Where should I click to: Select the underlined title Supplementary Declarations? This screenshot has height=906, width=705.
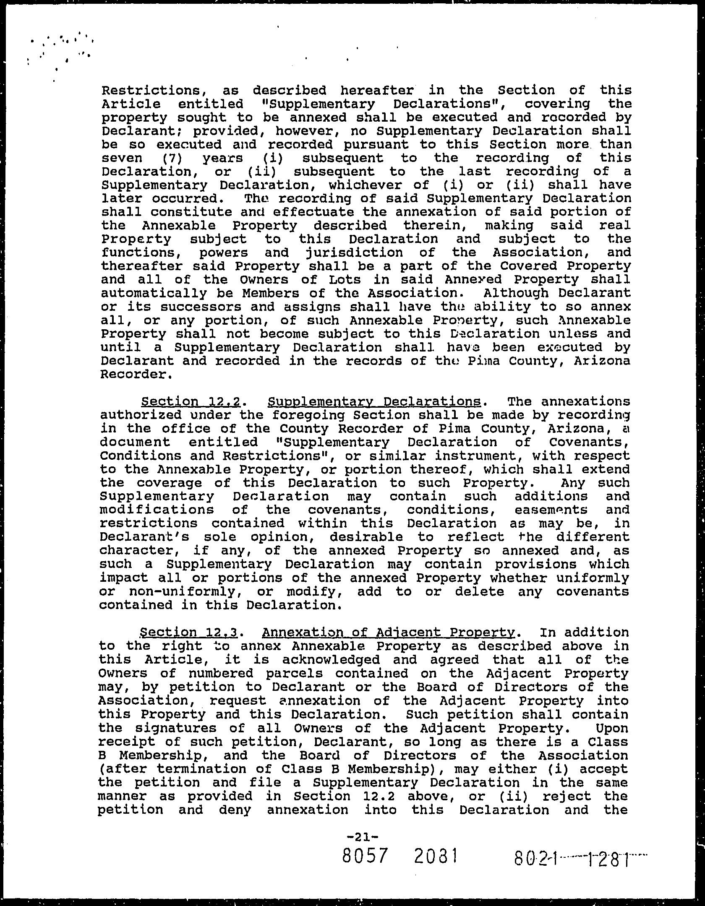[x=374, y=402]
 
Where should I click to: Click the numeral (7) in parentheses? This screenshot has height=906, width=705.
[x=172, y=158]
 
